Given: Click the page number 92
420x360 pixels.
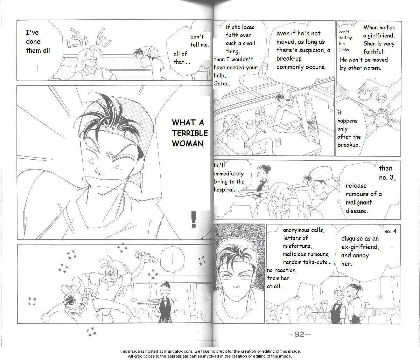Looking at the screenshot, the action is [x=299, y=334].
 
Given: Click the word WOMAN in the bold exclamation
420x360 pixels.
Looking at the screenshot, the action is [x=188, y=144].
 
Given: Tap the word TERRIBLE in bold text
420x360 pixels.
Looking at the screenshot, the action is [x=190, y=133].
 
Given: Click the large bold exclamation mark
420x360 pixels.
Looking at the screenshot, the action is [x=194, y=219].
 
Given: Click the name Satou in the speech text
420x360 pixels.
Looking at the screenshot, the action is [x=222, y=84].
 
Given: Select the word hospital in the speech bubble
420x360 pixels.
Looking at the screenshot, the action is [x=224, y=190].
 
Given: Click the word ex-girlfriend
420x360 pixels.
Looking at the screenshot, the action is [x=360, y=247].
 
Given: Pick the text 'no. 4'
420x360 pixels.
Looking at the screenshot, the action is [x=390, y=231].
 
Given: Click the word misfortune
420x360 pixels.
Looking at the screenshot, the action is [x=297, y=246].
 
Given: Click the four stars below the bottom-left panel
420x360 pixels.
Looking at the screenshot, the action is [x=91, y=332].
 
